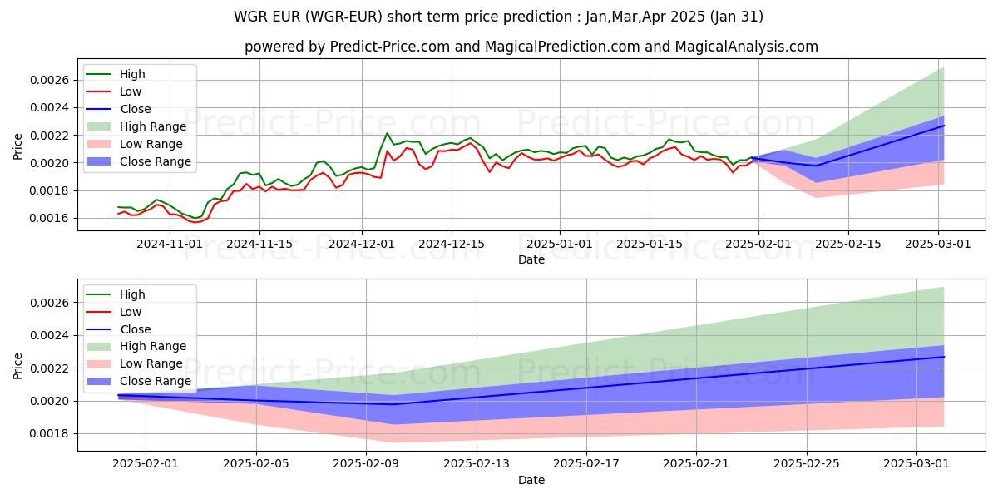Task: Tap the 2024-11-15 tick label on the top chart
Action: point(259,244)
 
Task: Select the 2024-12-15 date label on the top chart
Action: point(451,244)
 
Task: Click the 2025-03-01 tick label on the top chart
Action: point(939,244)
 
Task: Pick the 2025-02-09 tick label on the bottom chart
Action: point(366,464)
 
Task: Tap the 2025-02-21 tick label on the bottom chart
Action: point(696,464)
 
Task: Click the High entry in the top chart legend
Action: point(131,74)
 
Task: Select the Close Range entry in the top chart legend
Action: point(156,161)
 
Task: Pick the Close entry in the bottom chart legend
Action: point(136,329)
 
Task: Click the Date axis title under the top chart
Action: point(531,259)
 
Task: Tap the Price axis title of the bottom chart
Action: point(18,365)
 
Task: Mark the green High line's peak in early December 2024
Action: point(387,133)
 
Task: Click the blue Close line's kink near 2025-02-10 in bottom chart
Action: point(394,404)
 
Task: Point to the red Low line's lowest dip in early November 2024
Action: point(195,222)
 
